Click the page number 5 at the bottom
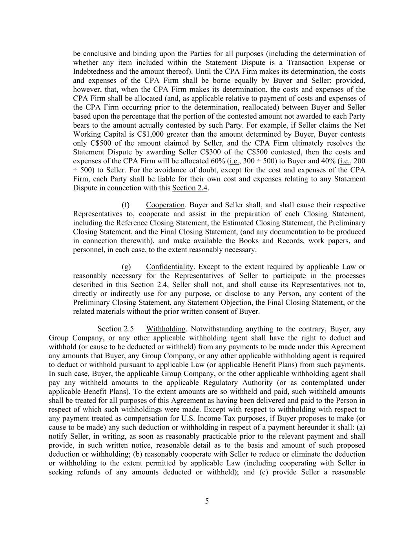[x=207, y=501]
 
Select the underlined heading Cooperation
[x=165, y=205]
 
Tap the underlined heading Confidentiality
[x=170, y=267]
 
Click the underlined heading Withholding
[x=166, y=329]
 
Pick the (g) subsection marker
[x=126, y=267]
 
